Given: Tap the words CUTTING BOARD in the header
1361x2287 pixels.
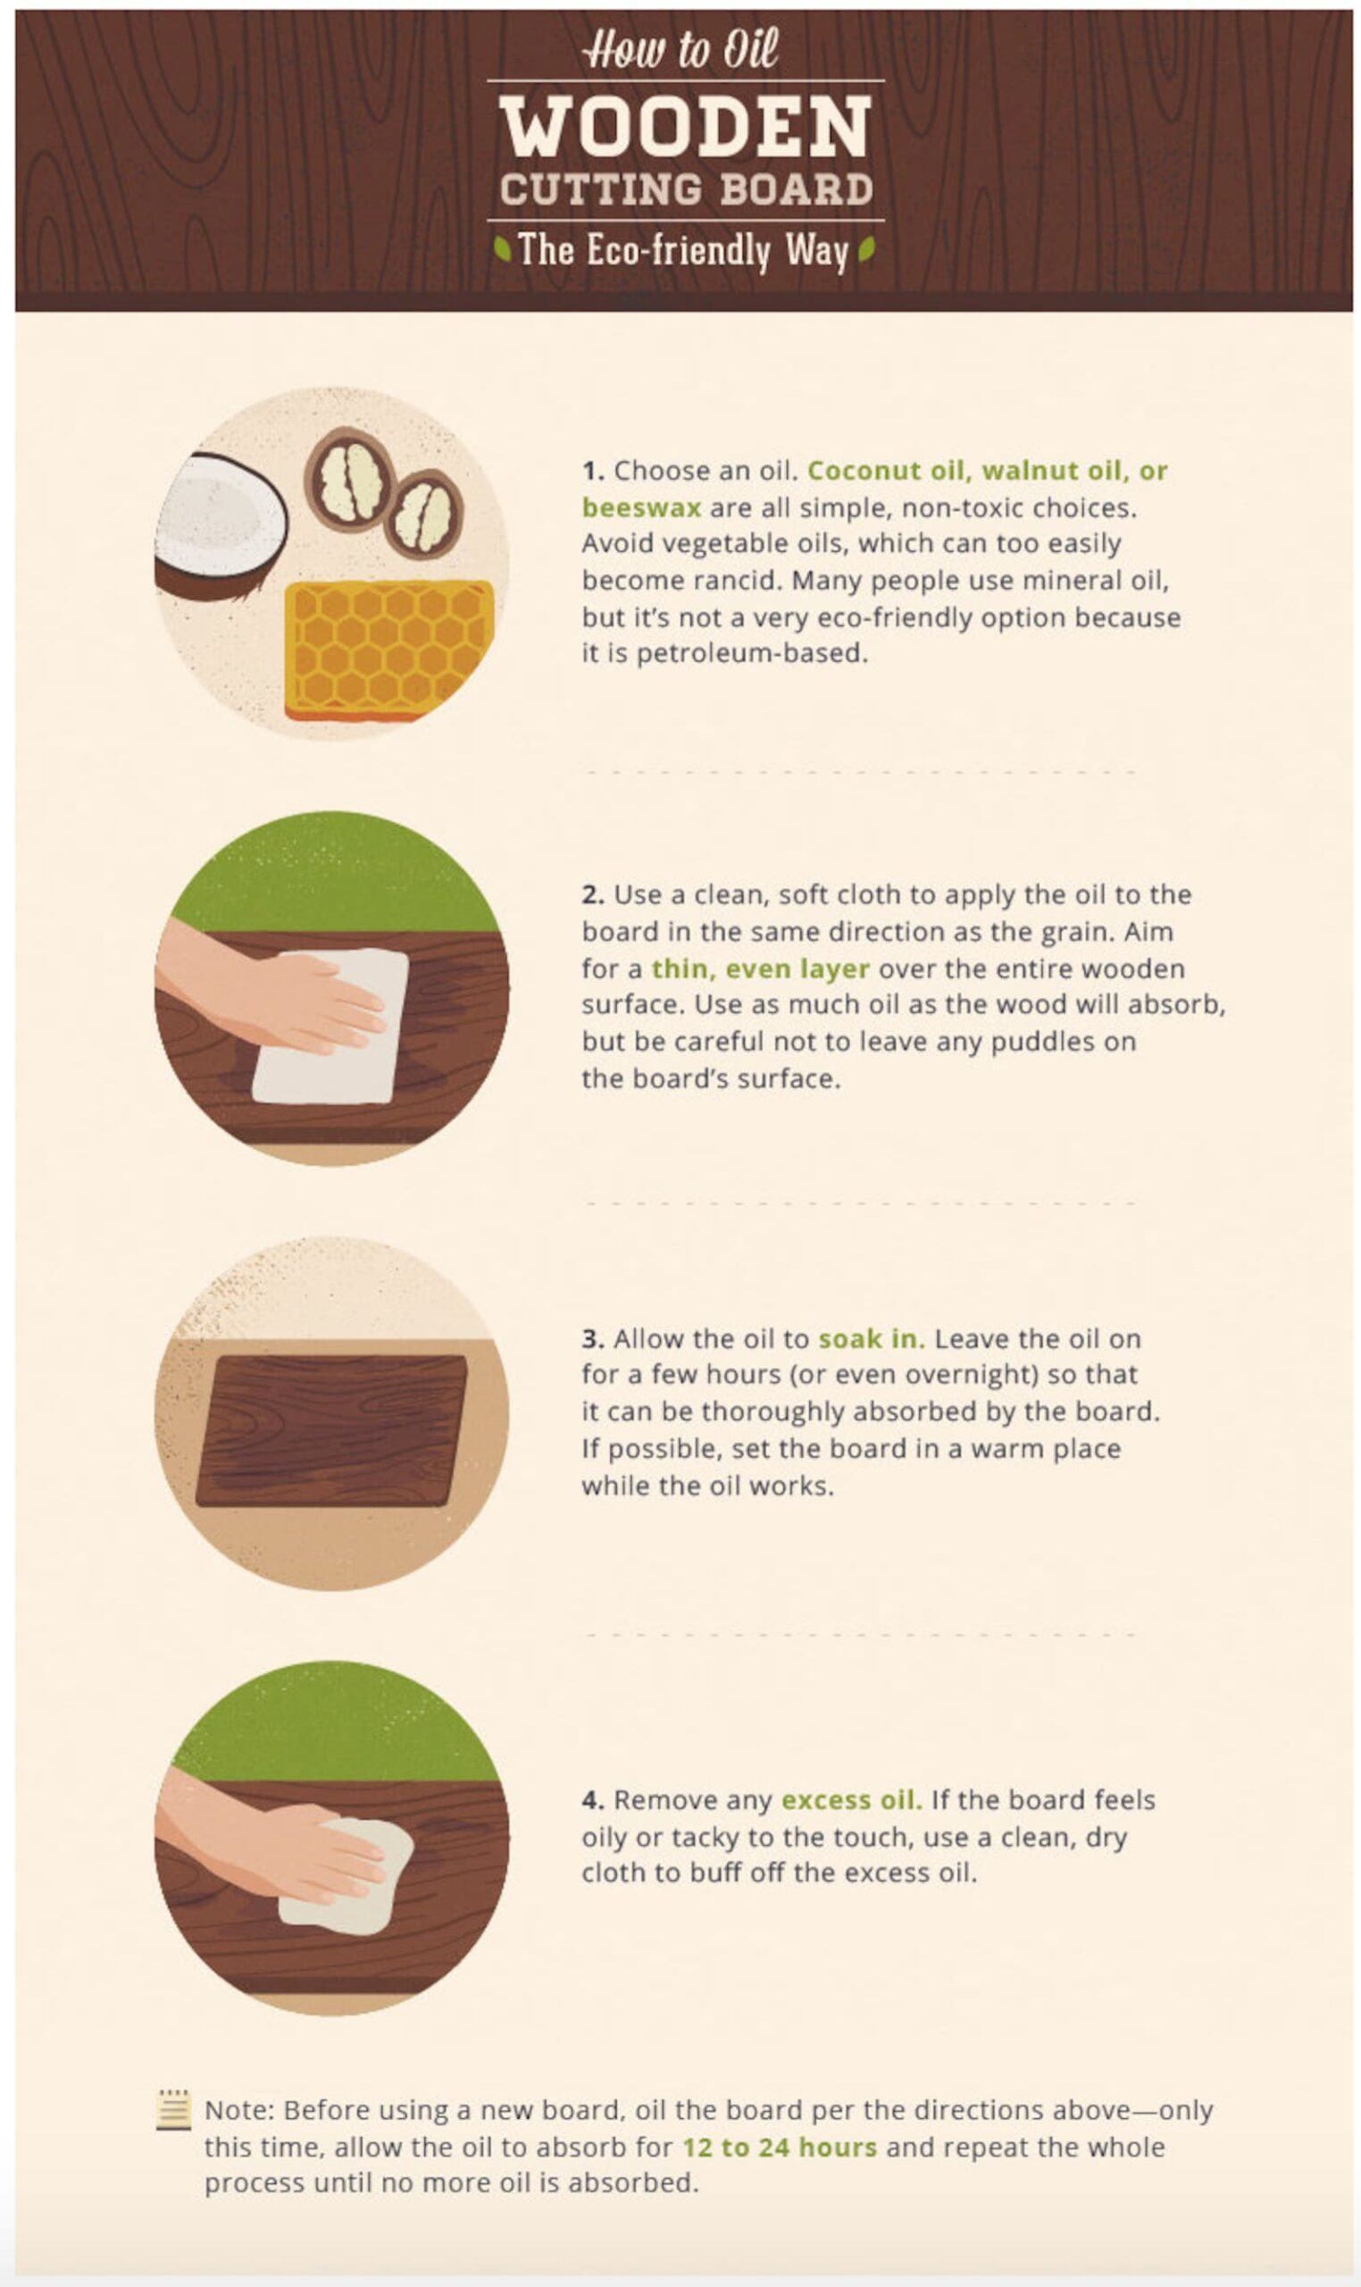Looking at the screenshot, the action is [x=687, y=189].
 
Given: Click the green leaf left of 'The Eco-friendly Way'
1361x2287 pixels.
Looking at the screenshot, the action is [x=502, y=248].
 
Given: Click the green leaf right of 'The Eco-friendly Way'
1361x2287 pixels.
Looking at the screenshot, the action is [x=866, y=248].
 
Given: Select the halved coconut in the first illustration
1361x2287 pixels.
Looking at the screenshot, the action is [x=220, y=526].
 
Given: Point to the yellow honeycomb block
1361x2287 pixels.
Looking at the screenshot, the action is [x=388, y=649].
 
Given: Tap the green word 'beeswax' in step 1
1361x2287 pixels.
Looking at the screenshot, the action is [x=641, y=507].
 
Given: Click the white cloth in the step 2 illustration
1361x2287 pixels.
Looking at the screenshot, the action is [x=330, y=1026].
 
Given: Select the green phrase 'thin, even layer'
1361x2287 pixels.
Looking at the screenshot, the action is [x=760, y=968].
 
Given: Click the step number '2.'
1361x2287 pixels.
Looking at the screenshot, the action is [x=593, y=894].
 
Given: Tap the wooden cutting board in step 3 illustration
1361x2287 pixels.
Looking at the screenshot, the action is [x=332, y=1430].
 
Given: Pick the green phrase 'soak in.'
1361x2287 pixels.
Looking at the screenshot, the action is [x=872, y=1338].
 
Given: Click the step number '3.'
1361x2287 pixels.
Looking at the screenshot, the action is [x=593, y=1338].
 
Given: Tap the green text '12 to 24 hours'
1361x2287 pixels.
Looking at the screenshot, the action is [x=780, y=2148].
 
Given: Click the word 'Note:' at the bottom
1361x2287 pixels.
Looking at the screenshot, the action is [x=239, y=2110].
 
